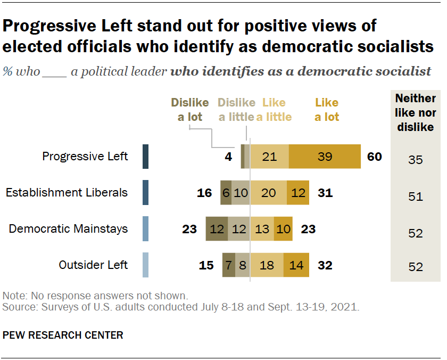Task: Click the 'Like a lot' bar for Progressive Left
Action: coord(325,157)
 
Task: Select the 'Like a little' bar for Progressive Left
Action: coord(270,157)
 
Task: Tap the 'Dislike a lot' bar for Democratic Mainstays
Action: coord(216,229)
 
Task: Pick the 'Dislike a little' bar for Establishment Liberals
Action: coord(241,193)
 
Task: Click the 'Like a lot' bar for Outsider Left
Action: coord(296,265)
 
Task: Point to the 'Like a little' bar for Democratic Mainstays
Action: coord(262,229)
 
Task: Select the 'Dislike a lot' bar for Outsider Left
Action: coord(228,265)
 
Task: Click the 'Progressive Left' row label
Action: coord(85,157)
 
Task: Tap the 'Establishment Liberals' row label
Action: coord(67,193)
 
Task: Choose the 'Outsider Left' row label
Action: coord(94,265)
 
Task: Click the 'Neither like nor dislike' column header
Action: coord(416,112)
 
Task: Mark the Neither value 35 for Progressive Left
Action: coord(416,159)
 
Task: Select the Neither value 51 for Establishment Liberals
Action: coord(416,197)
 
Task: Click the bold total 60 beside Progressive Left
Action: coord(374,157)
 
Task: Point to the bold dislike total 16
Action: coord(204,193)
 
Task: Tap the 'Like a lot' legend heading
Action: coord(327,109)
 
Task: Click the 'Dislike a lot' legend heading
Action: coord(190,109)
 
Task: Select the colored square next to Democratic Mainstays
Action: coord(145,229)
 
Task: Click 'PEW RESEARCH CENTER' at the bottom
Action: coord(63,335)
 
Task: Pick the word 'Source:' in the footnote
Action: coord(16,308)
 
